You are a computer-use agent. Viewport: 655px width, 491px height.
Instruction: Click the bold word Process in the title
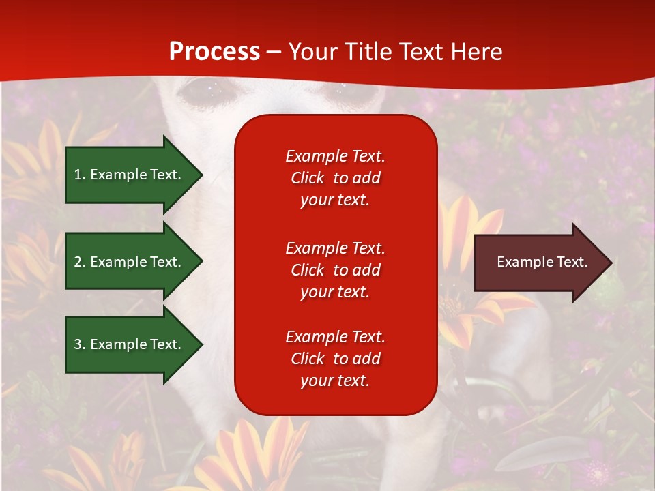click(x=214, y=52)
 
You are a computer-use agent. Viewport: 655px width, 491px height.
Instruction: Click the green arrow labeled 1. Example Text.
click(x=130, y=175)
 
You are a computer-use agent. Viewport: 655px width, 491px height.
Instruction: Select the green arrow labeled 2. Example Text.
click(x=130, y=262)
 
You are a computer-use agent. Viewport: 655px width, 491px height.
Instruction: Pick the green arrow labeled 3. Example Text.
click(x=130, y=344)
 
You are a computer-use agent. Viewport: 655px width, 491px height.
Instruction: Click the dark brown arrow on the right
click(x=539, y=262)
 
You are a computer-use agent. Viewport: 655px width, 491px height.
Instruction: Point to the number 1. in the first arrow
click(x=80, y=175)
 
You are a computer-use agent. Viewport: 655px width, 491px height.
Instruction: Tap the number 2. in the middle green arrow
click(x=80, y=262)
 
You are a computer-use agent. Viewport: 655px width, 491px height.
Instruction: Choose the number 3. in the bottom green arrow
click(x=80, y=344)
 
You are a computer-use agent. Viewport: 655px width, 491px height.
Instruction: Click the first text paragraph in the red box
click(x=335, y=178)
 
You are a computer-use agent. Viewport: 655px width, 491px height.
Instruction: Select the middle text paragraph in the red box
click(x=335, y=270)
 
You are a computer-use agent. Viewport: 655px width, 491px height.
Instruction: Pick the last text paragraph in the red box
click(x=335, y=359)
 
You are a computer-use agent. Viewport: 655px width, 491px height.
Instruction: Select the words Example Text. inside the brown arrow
click(x=542, y=262)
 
